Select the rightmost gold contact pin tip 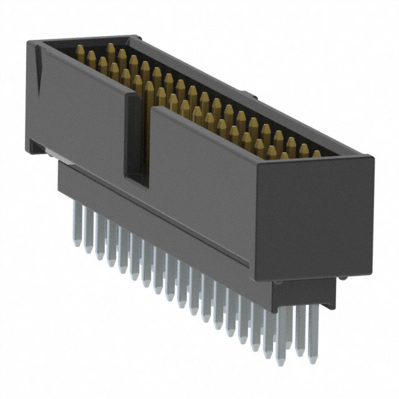[317, 153]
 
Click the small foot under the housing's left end [37, 147]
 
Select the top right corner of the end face [373, 157]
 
